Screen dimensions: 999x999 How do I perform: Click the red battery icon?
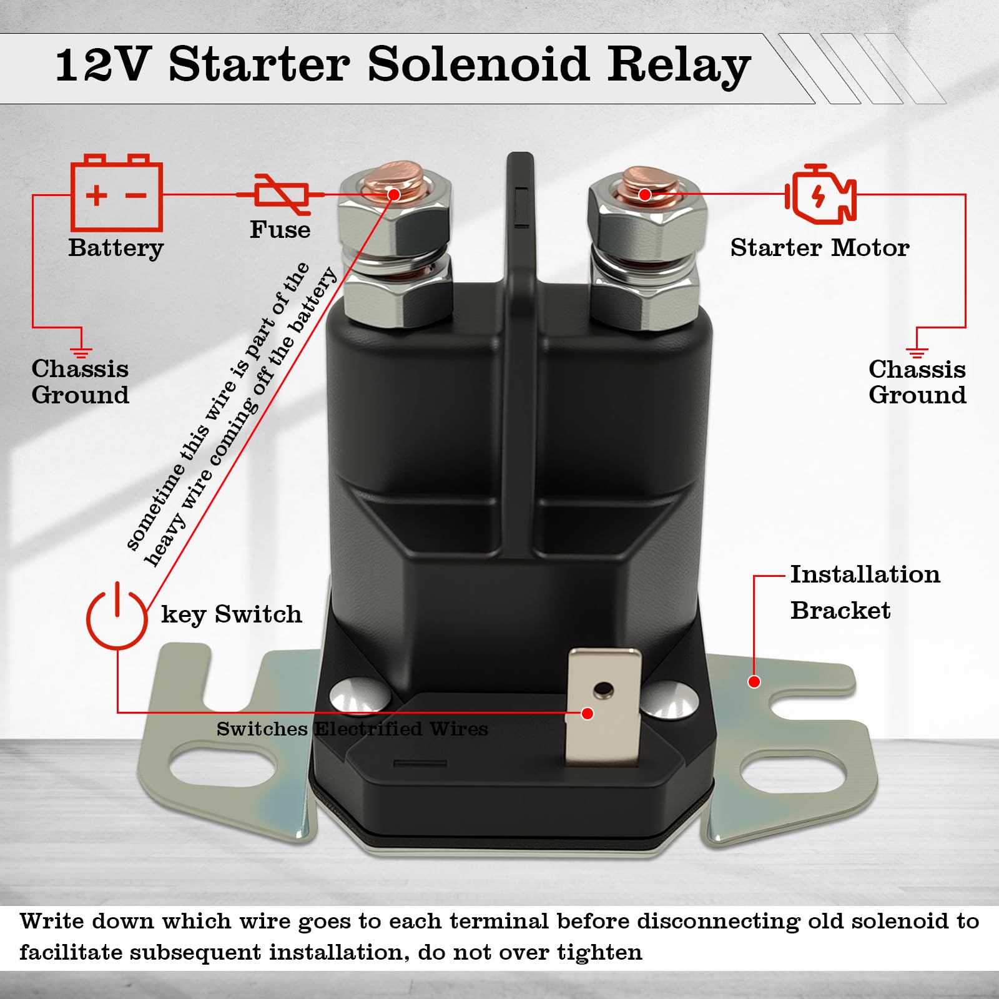click(x=117, y=193)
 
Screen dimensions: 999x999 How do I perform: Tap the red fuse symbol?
click(x=280, y=194)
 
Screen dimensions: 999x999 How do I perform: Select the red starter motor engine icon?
click(x=820, y=195)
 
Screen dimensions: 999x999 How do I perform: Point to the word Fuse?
click(x=280, y=230)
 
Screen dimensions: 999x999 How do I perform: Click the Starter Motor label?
click(x=820, y=248)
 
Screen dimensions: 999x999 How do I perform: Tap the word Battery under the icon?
click(x=116, y=249)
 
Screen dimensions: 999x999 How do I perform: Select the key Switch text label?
click(x=232, y=614)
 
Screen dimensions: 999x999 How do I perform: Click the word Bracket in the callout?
click(x=840, y=610)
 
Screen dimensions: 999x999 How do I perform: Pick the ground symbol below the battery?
click(x=81, y=350)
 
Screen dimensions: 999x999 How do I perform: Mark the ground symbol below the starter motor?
click(x=917, y=350)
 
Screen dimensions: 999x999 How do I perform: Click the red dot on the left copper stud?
click(x=393, y=195)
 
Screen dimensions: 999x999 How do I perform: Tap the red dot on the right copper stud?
click(x=645, y=195)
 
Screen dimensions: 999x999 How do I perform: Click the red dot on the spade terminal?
click(x=587, y=714)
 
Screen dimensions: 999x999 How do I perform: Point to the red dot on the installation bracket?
click(x=754, y=682)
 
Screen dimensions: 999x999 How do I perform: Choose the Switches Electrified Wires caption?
click(x=352, y=729)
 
